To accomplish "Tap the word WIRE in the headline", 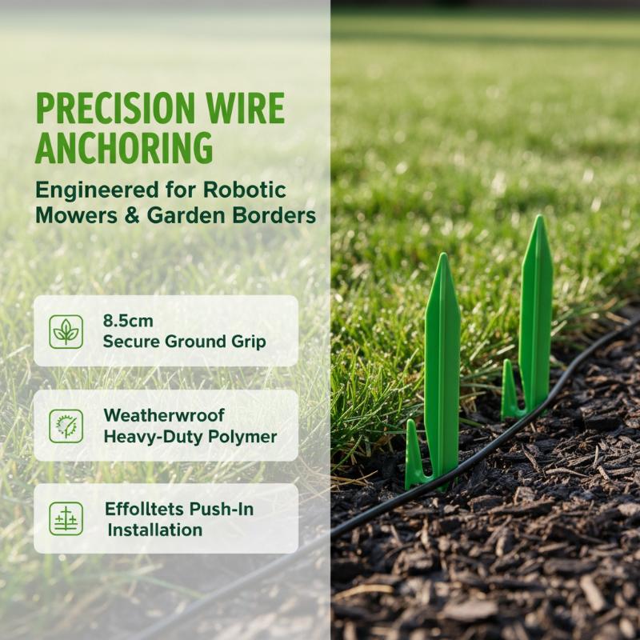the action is point(246,108).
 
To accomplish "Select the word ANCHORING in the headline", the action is point(124,147).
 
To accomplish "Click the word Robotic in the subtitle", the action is point(245,190).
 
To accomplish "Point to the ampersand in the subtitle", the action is point(132,215).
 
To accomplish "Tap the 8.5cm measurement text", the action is point(128,321).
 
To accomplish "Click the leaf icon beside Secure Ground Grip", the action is point(66,331).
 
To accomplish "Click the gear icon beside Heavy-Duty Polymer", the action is point(66,426).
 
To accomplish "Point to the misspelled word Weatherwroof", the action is point(164,415).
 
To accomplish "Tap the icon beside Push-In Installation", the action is point(66,518).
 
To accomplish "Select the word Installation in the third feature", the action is point(155,530).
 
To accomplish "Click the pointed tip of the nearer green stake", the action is point(443,254).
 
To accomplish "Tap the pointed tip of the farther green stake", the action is point(539,216).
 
